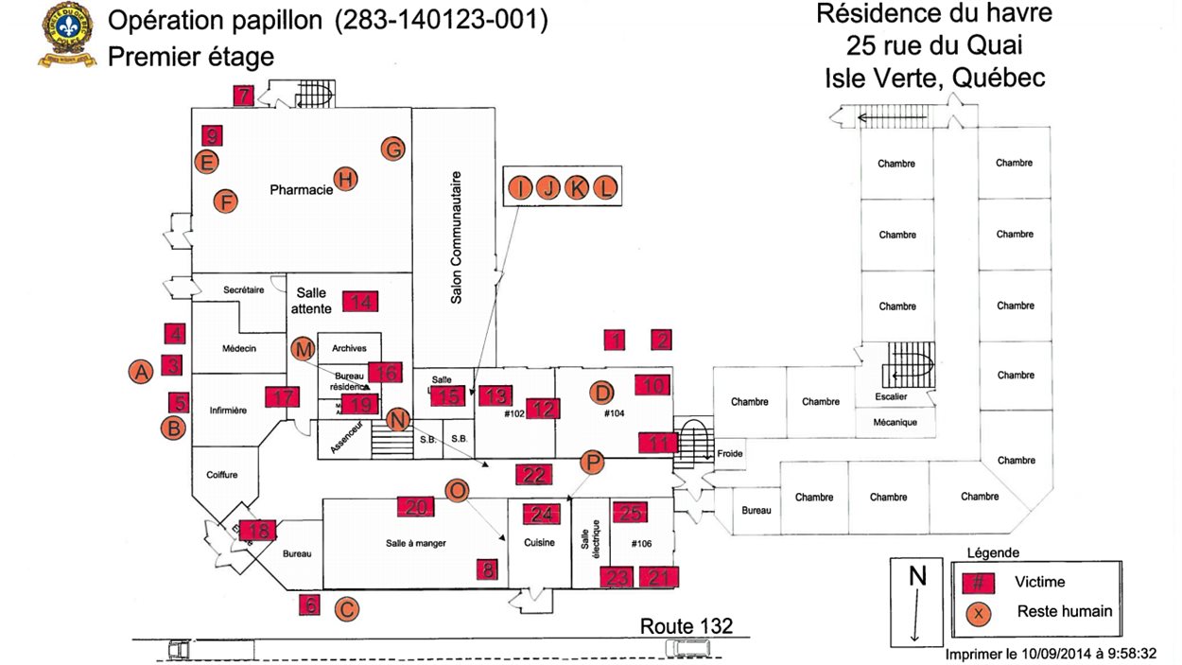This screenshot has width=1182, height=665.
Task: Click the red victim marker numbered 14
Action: click(360, 302)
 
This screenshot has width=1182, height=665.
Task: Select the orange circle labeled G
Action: click(392, 149)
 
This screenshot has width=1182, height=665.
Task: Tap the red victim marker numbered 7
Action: click(244, 95)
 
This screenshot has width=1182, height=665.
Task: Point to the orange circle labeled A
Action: click(141, 372)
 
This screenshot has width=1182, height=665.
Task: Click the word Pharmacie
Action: click(301, 189)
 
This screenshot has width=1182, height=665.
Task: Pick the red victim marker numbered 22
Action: click(533, 475)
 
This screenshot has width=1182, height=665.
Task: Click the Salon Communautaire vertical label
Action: click(457, 236)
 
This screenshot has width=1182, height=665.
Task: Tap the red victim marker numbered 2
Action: click(663, 340)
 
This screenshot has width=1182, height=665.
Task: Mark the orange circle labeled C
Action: click(347, 610)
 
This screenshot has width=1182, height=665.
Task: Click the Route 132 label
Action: click(686, 625)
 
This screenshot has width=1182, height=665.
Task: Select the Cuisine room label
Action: click(539, 543)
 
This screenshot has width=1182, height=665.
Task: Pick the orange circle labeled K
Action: click(576, 188)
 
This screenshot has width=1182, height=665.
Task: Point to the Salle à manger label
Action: click(415, 543)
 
